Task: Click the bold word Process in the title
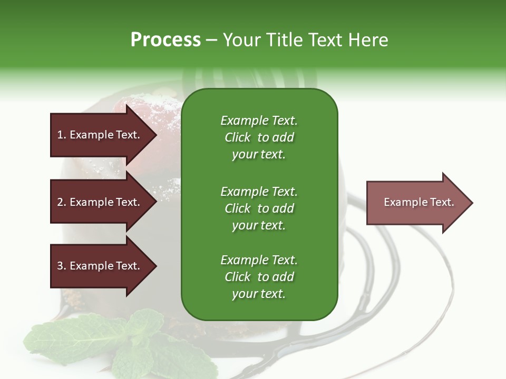pyautogui.click(x=166, y=40)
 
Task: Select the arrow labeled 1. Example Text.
pyautogui.click(x=100, y=135)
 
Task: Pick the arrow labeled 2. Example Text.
pyautogui.click(x=100, y=202)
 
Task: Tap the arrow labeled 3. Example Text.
pyautogui.click(x=100, y=266)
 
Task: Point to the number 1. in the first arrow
pyautogui.click(x=61, y=135)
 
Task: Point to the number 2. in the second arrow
pyautogui.click(x=61, y=202)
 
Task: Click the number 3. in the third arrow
pyautogui.click(x=61, y=266)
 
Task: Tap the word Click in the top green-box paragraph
pyautogui.click(x=237, y=137)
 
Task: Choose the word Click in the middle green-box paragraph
pyautogui.click(x=237, y=208)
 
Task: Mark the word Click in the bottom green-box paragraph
pyautogui.click(x=237, y=277)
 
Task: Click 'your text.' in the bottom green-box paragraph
pyautogui.click(x=259, y=294)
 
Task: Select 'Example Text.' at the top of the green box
pyautogui.click(x=259, y=121)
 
